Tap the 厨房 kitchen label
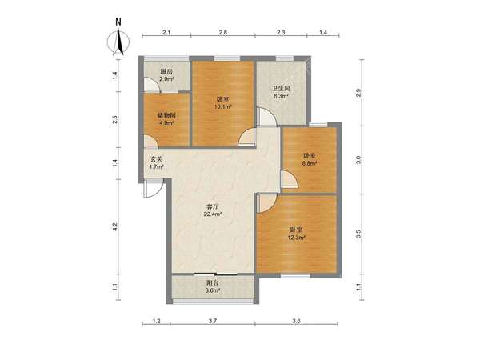tap(166, 72)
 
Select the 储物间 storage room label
tap(166, 116)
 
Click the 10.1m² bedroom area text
tap(223, 107)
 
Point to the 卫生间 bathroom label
tap(282, 89)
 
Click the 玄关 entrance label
tap(156, 159)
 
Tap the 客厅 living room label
tap(213, 207)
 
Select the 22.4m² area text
tap(213, 214)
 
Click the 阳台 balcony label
tap(213, 282)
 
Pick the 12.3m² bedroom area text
tap(297, 238)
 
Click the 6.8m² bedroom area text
tap(309, 163)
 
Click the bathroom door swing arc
tap(267, 116)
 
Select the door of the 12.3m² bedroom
tap(267, 202)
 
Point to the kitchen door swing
tap(152, 85)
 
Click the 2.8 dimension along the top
tap(223, 32)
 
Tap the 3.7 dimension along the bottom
tap(213, 321)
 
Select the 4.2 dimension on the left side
tap(114, 226)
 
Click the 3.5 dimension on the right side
tap(358, 234)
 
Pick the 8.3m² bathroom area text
tap(282, 96)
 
